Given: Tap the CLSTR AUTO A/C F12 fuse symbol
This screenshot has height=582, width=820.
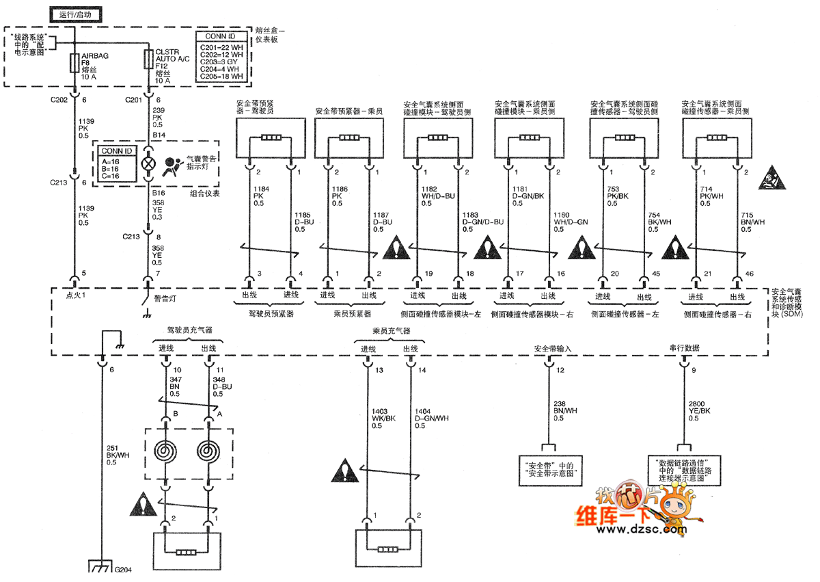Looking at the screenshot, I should click(148, 59).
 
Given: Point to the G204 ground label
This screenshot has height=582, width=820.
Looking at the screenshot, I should click(124, 569).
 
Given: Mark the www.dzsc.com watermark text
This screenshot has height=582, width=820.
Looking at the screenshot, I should click(632, 529).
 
